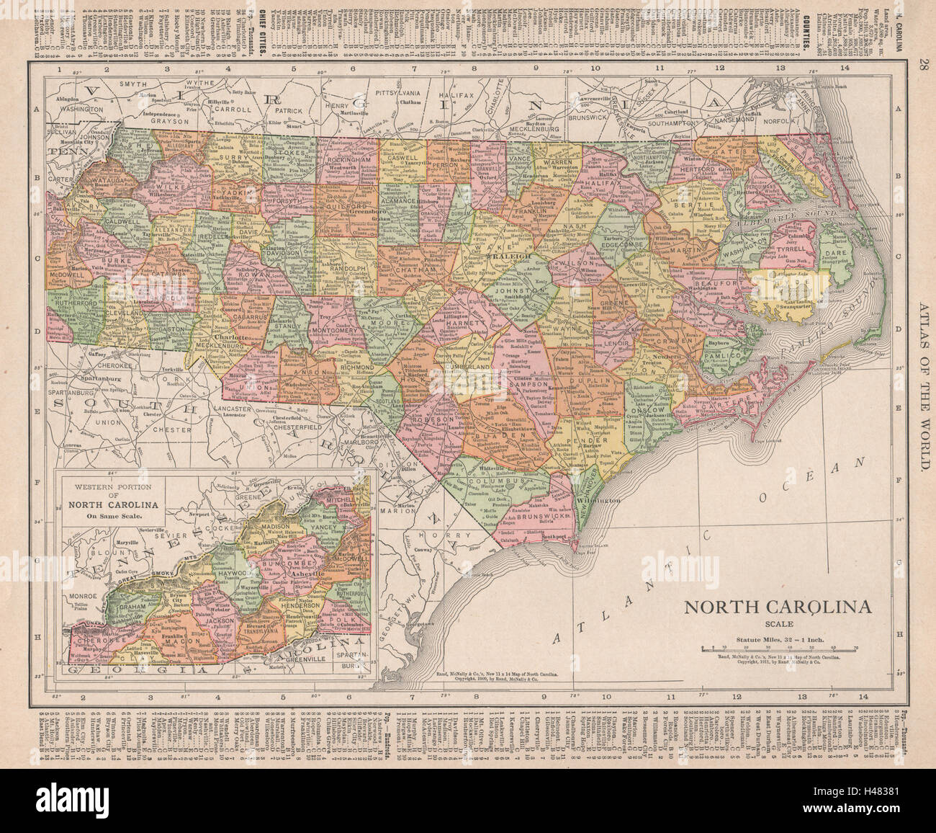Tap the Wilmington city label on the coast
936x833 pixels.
point(597,499)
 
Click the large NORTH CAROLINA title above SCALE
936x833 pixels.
point(777,607)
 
